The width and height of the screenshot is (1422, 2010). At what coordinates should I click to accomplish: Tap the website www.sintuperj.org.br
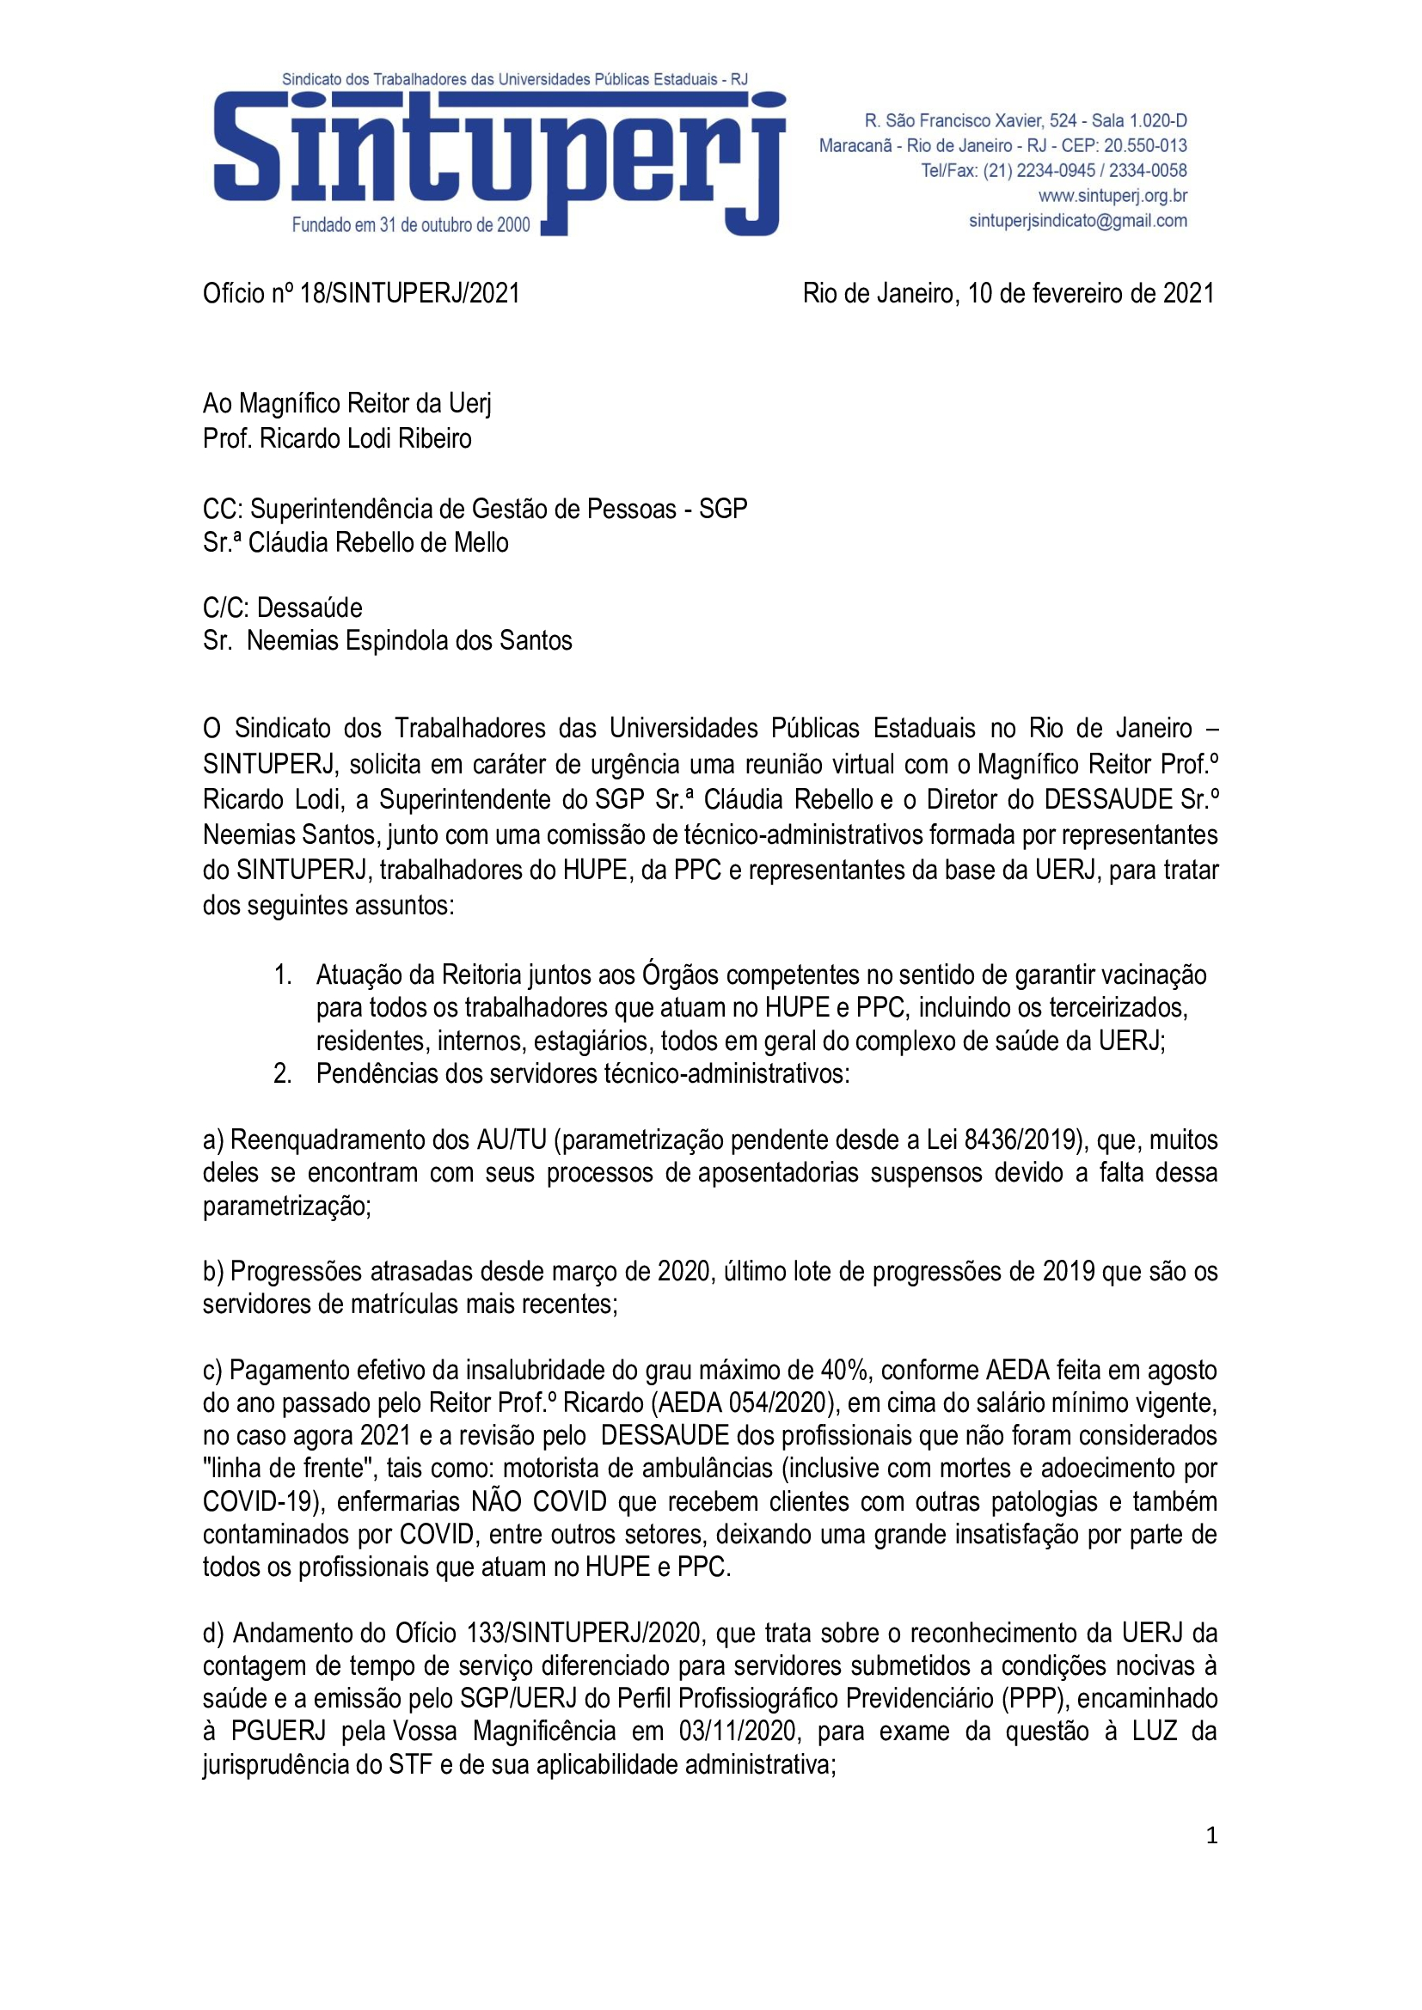1112,195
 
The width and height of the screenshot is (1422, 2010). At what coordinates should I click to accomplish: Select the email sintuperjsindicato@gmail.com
1078,221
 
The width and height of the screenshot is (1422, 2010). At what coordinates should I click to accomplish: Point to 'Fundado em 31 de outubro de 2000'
411,225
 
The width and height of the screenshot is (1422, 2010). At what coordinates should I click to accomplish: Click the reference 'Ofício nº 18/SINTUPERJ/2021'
362,293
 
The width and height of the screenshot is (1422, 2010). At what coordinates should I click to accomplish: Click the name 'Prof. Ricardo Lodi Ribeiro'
337,437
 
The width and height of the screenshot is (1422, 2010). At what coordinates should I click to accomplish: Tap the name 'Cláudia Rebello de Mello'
378,543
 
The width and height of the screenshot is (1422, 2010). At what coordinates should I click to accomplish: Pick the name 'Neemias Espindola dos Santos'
409,641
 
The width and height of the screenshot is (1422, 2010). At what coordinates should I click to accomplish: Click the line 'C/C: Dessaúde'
282,608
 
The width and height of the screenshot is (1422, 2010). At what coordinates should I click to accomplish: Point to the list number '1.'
283,974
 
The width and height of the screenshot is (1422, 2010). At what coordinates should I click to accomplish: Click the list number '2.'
283,1073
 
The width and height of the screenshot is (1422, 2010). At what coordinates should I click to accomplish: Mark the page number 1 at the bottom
1212,1836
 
